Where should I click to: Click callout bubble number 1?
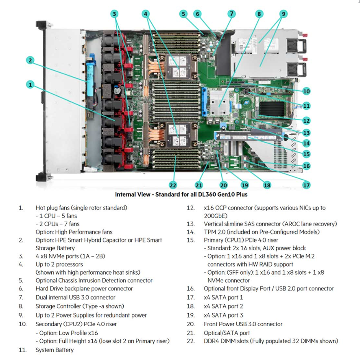(30, 84)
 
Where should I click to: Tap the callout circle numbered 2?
(30, 61)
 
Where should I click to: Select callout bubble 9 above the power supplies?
(284, 14)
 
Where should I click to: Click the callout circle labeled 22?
(173, 185)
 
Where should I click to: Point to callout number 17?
(307, 185)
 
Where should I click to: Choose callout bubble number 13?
(307, 133)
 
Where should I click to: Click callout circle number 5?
(184, 14)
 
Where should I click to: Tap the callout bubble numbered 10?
(307, 91)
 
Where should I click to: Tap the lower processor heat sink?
(178, 135)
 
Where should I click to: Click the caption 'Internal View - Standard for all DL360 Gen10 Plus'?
(181, 194)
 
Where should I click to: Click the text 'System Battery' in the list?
(55, 350)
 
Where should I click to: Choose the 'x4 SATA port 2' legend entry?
(223, 306)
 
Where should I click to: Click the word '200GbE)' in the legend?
(216, 216)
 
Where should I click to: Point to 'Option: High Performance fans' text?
(74, 232)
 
